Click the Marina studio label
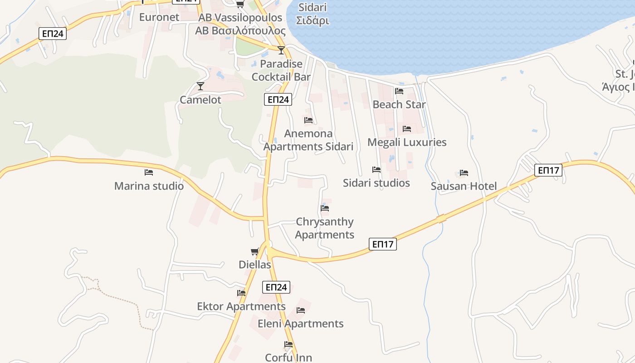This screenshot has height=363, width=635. (x=149, y=186)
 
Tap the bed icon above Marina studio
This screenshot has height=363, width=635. (x=149, y=172)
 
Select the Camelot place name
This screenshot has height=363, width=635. (x=200, y=100)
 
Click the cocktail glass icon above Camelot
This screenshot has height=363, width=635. (x=200, y=86)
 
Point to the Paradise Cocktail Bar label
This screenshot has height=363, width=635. (x=281, y=70)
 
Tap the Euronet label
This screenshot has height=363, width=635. (x=159, y=17)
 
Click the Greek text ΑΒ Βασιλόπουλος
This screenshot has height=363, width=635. (x=240, y=31)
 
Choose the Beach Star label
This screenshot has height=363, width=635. (x=399, y=104)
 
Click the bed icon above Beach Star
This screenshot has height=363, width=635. (x=399, y=91)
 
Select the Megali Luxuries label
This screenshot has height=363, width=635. (x=407, y=142)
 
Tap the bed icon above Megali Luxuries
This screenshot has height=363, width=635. (x=407, y=129)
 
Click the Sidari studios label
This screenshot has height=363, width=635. (x=376, y=183)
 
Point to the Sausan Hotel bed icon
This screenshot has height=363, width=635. (x=464, y=173)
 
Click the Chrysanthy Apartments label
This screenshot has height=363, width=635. (x=325, y=228)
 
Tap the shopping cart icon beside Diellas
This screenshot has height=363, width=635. (x=255, y=252)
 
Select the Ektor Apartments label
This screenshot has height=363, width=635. (x=241, y=307)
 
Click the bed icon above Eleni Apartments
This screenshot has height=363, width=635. (x=301, y=310)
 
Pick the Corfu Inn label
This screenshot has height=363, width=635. (x=288, y=358)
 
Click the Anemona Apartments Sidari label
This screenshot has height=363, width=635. (x=308, y=140)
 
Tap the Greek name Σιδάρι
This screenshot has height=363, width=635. (x=312, y=21)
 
